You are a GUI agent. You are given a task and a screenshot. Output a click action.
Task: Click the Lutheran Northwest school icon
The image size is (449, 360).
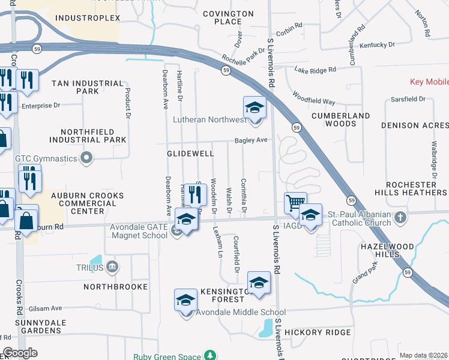[255, 108]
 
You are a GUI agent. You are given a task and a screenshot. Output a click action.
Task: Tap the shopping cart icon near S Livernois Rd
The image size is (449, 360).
[295, 203]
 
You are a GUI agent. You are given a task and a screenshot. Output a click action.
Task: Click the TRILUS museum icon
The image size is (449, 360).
[113, 267]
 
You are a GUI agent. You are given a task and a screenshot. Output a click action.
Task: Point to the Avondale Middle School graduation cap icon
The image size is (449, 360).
[186, 300]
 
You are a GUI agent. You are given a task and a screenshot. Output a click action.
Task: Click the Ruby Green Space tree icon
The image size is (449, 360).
[210, 355]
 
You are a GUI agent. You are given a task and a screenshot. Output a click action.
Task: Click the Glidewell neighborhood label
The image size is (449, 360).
[190, 154]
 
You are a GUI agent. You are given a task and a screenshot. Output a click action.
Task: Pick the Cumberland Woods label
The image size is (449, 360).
[341, 119]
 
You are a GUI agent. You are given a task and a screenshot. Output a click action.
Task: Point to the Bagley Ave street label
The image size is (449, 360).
[251, 140]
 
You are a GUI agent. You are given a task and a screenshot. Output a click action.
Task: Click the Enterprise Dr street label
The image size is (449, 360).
[41, 106]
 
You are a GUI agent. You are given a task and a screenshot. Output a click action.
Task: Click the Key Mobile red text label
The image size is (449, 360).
[429, 82]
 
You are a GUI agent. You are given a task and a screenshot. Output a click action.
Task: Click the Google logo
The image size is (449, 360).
[20, 353]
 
